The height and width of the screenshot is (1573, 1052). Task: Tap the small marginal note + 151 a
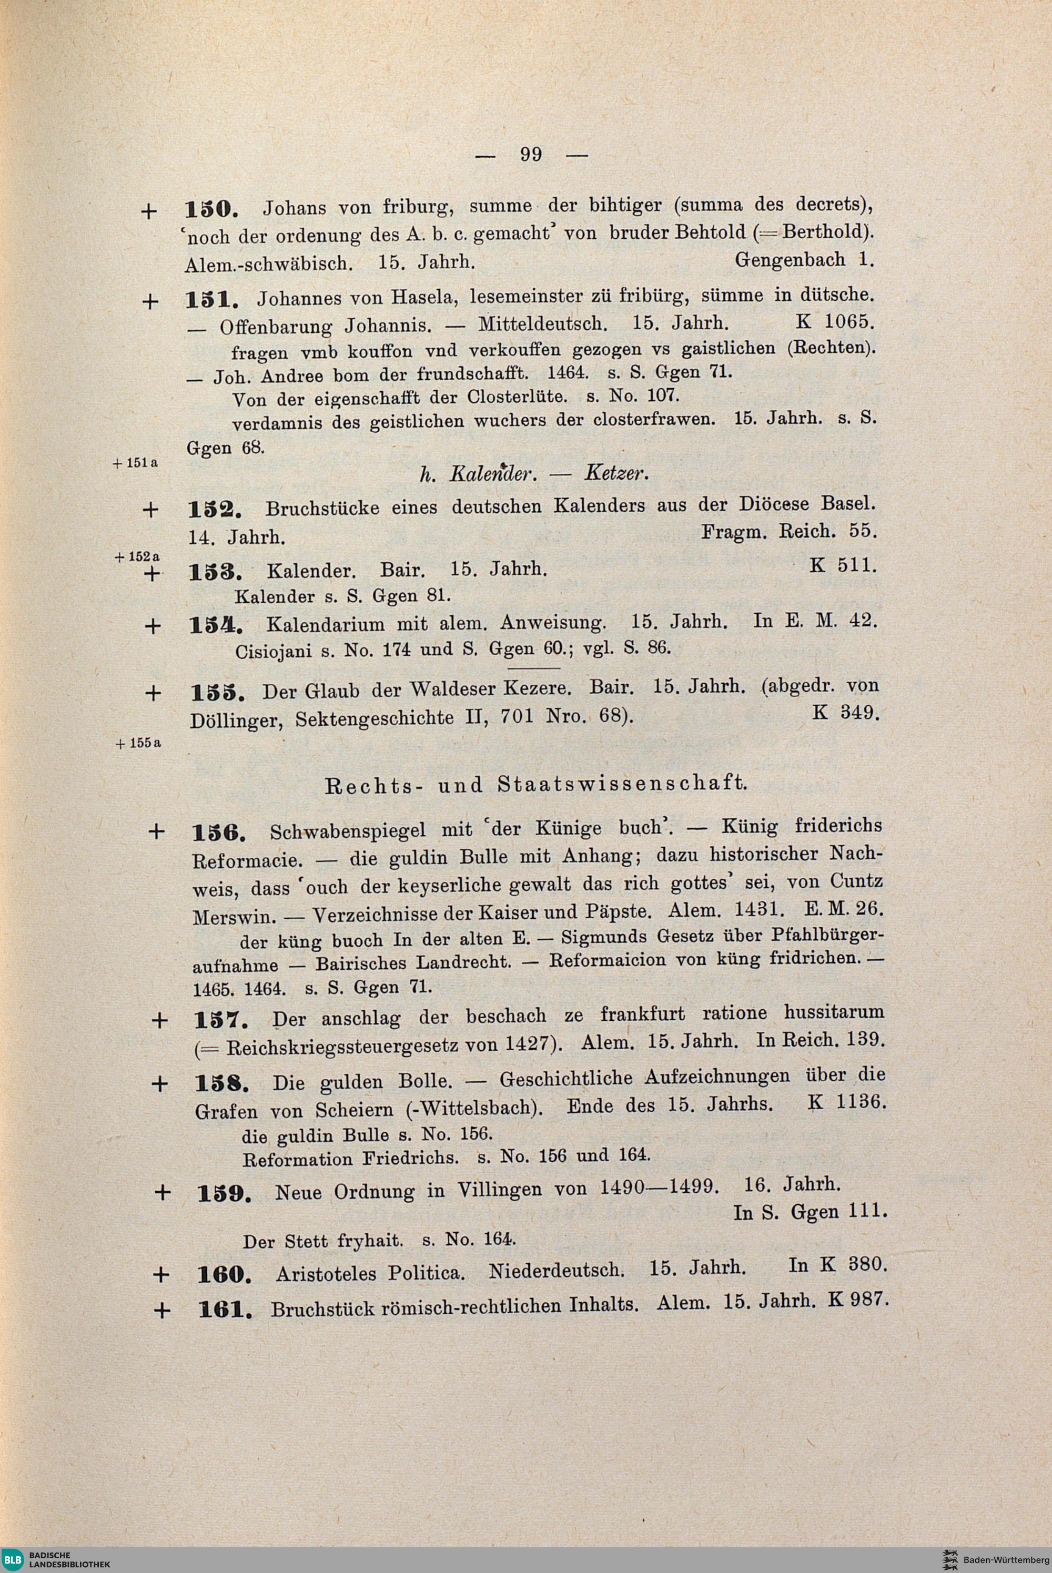[136, 463]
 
